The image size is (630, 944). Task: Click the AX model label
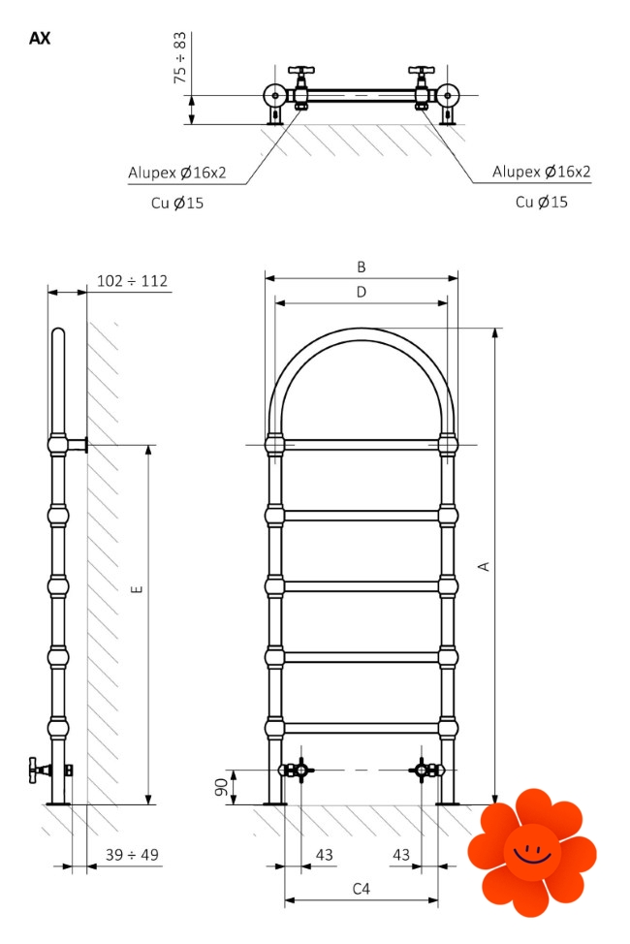point(40,39)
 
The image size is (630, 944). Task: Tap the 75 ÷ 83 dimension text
point(180,58)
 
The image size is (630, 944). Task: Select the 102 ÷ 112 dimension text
point(132,281)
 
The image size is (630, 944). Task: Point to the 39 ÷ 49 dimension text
point(132,855)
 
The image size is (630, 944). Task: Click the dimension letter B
point(362,267)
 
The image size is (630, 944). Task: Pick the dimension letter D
point(362,292)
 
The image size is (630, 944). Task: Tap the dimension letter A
point(484,567)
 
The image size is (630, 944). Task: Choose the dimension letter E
point(137,589)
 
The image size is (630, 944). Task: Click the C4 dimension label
point(362,889)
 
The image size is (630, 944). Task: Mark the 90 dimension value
point(222,787)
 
